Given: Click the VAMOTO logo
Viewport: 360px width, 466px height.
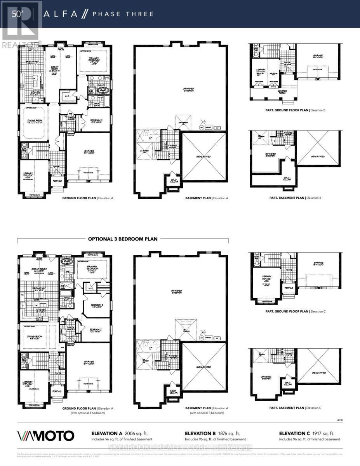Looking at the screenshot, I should pyautogui.click(x=45, y=435).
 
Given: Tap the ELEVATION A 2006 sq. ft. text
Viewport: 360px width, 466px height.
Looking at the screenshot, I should pyautogui.click(x=119, y=433).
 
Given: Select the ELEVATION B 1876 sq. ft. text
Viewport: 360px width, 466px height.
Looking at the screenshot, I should pyautogui.click(x=212, y=433).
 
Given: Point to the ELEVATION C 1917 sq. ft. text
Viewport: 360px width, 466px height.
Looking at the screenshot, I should pyautogui.click(x=307, y=433).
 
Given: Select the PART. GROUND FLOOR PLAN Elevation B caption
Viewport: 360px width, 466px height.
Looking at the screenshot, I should pyautogui.click(x=297, y=110).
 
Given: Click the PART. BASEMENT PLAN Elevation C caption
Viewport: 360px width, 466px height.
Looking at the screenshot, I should pyautogui.click(x=297, y=408).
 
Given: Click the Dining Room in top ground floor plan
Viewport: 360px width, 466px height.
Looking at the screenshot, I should pyautogui.click(x=35, y=121).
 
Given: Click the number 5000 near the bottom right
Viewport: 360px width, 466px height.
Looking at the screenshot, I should pyautogui.click(x=339, y=420).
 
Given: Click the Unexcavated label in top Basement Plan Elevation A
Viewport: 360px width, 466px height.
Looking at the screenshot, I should pyautogui.click(x=204, y=156).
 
